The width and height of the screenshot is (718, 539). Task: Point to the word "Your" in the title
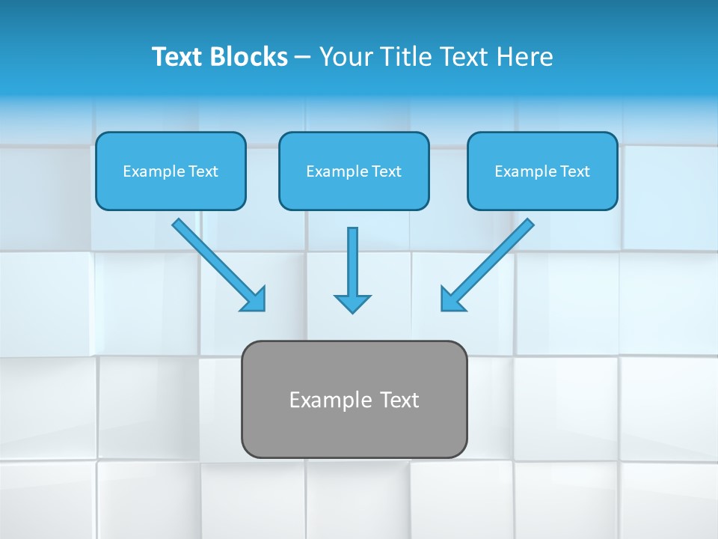344,57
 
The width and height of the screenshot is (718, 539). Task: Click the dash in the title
303,58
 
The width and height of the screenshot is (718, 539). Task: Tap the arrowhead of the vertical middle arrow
352,303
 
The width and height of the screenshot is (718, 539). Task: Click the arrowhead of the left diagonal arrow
254,299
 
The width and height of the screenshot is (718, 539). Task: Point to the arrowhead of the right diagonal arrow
451,299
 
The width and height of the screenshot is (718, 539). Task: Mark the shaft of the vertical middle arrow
352,258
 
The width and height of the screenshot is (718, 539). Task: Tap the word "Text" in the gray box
400,400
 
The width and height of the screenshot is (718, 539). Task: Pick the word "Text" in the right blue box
575,171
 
